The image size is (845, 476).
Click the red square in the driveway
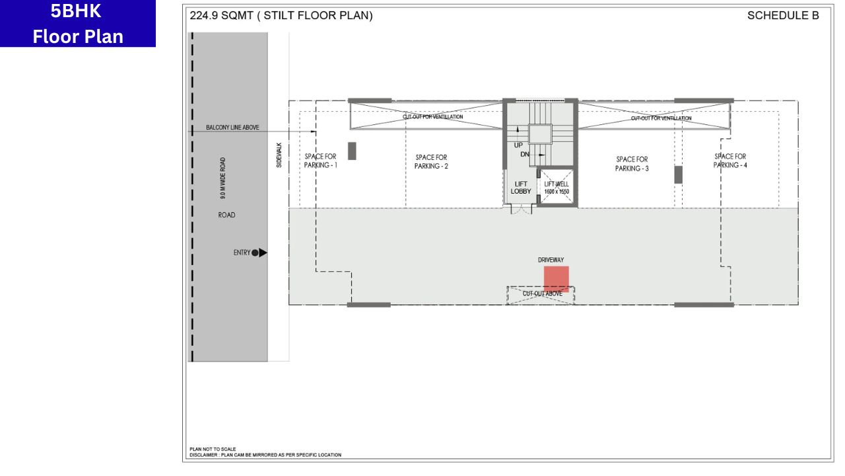tap(556, 279)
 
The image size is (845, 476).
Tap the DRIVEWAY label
tap(551, 260)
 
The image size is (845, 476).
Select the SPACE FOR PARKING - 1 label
tap(320, 161)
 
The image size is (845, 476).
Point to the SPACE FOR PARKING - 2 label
tap(431, 162)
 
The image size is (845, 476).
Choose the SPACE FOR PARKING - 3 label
tap(632, 163)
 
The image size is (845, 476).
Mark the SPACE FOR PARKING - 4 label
tap(730, 161)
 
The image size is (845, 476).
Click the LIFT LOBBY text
tap(521, 188)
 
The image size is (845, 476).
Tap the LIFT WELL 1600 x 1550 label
tap(557, 188)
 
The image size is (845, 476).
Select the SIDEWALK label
tap(279, 155)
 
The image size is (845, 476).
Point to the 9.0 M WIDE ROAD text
tap(223, 178)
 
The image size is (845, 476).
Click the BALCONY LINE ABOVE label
tap(232, 128)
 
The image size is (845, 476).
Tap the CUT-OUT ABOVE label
tap(543, 294)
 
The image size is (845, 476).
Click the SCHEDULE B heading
tap(783, 15)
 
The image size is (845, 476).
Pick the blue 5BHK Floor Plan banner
tap(78, 23)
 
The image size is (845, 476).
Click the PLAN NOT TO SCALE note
tap(213, 449)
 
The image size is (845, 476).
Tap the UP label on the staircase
tap(518, 145)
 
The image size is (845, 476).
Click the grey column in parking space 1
tap(352, 151)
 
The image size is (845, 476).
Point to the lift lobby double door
tap(521, 209)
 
